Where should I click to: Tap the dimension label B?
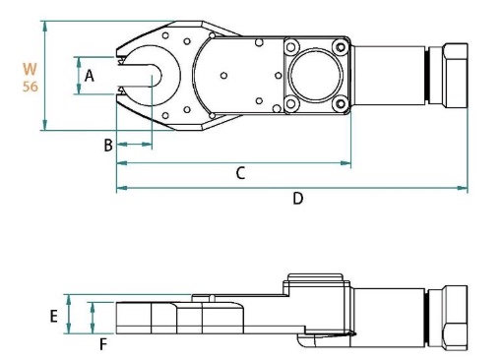point(109,146)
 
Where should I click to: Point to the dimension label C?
point(239,172)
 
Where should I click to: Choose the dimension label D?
point(298,198)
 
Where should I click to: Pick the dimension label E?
point(55,317)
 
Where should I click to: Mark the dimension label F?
point(101,343)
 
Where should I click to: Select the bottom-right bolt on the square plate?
point(340,103)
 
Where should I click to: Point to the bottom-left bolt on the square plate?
point(291,103)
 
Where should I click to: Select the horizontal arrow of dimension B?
point(134,145)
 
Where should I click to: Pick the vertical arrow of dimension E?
point(68,314)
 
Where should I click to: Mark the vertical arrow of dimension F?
point(93,318)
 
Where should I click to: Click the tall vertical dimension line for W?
point(44,76)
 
